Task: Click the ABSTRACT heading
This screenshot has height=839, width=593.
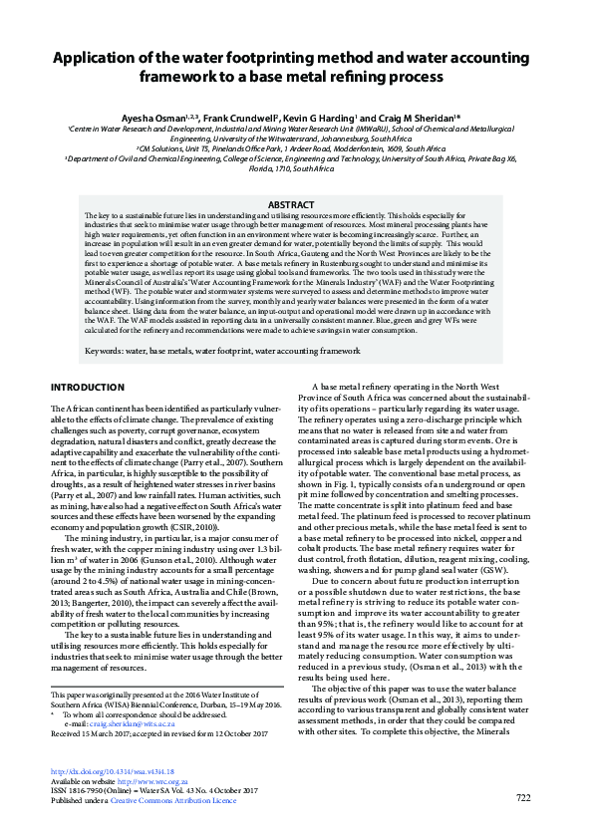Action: point(296,205)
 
